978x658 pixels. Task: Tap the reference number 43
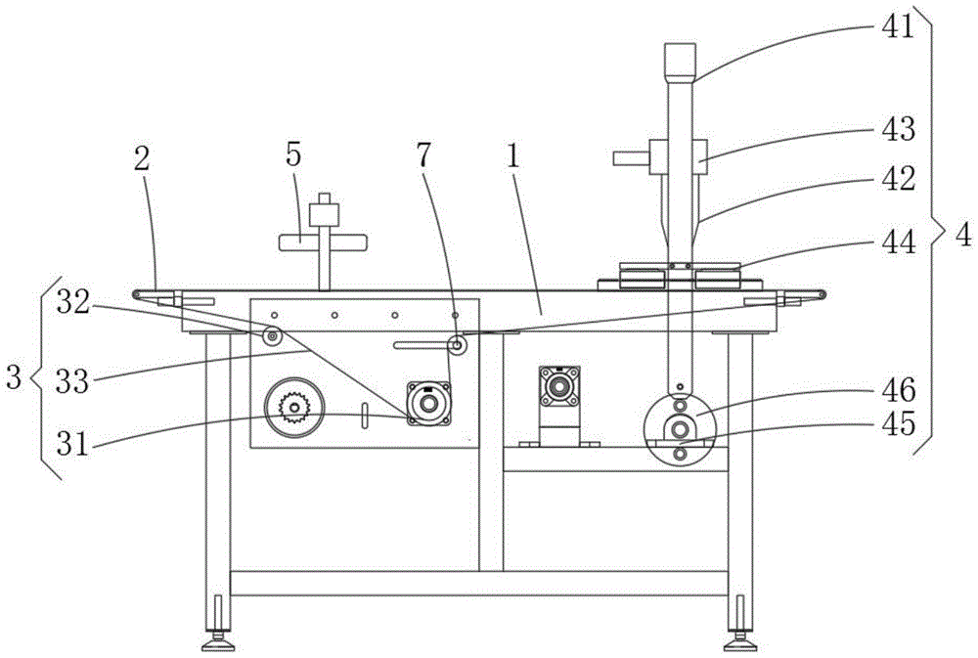pyautogui.click(x=897, y=129)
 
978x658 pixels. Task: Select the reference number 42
pyautogui.click(x=897, y=178)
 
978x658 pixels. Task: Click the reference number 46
pyautogui.click(x=897, y=392)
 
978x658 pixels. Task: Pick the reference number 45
pyautogui.click(x=897, y=425)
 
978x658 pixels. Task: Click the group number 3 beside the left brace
pyautogui.click(x=14, y=377)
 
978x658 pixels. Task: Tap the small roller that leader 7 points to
pyautogui.click(x=456, y=344)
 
